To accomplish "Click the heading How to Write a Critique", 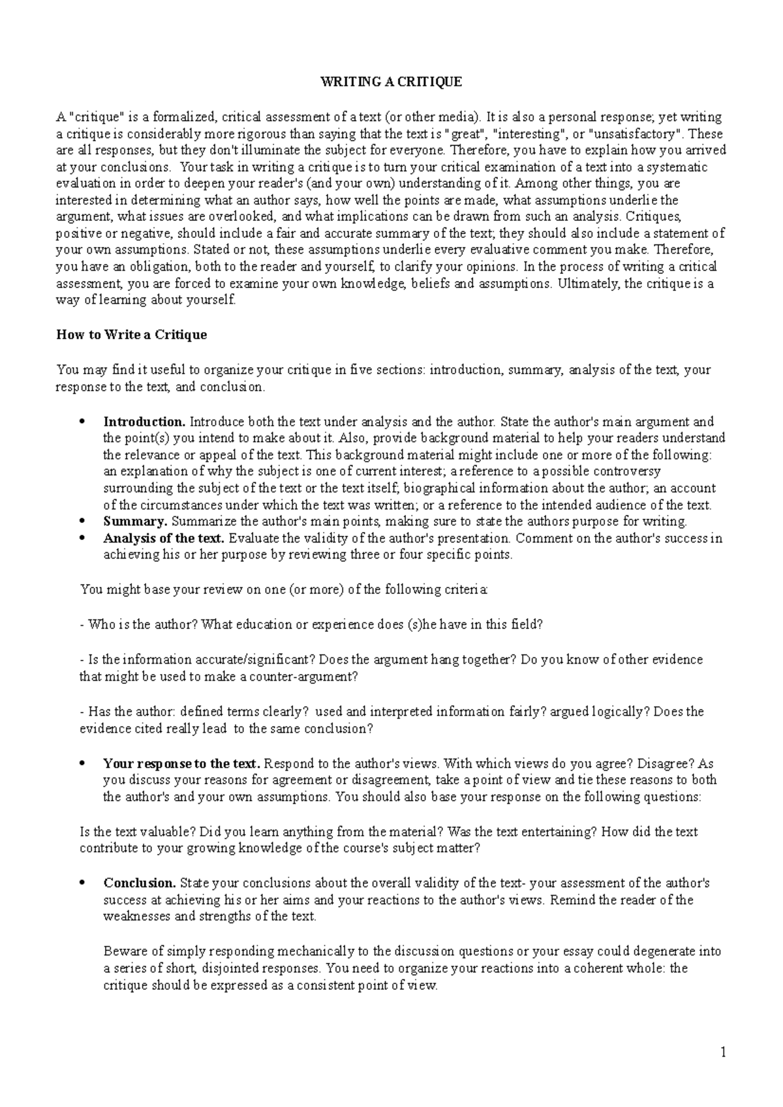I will click(132, 334).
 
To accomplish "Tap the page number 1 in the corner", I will click(723, 1052).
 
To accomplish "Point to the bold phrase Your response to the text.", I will click(182, 763).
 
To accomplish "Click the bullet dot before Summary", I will click(82, 522).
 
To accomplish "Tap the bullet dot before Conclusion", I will click(82, 883).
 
